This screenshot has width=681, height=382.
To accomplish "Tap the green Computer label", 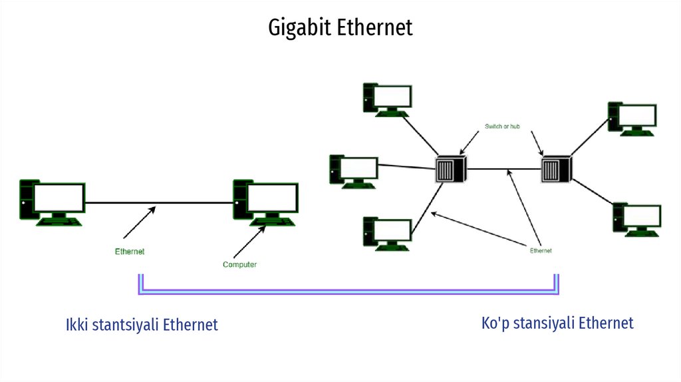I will (x=239, y=265).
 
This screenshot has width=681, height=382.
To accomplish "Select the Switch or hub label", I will (x=502, y=126).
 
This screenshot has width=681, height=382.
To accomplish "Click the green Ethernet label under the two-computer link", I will (x=129, y=252).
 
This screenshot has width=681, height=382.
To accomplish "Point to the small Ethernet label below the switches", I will (x=541, y=251).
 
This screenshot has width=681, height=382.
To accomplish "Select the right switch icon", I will (x=557, y=169).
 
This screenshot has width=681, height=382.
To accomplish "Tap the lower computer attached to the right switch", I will (x=637, y=220).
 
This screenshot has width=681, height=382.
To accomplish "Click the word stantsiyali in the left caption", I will (x=124, y=325).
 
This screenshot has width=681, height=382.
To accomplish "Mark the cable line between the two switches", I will (x=503, y=169).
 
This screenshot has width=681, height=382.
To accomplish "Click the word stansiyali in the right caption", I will (x=543, y=323).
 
